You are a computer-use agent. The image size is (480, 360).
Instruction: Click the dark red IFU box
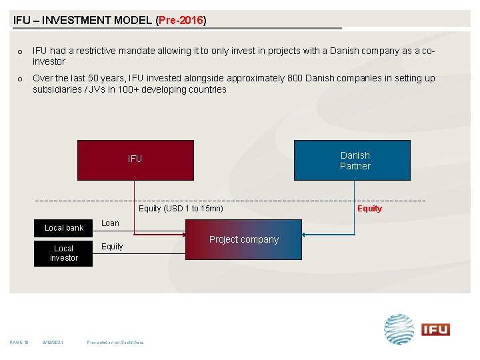point(135,160)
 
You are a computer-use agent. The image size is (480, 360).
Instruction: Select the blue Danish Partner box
point(352,161)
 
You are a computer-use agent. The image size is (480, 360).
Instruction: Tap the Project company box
point(243,240)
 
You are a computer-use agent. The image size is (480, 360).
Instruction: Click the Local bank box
point(64,228)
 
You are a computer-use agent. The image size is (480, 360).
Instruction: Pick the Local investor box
point(64,253)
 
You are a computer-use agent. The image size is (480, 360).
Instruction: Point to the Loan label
point(110,223)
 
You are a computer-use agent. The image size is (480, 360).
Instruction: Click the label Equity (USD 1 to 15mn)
point(181,209)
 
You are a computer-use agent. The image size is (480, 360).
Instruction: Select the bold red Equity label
point(369,209)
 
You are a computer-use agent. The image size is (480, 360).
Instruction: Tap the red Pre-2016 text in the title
point(181,20)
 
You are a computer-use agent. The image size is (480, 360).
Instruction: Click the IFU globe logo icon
point(399,329)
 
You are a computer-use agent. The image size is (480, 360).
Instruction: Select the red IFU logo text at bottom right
point(435,329)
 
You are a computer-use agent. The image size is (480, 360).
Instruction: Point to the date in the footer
point(52,343)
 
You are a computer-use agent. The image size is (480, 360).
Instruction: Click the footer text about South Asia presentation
point(115,343)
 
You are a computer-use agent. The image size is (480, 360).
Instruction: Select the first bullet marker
point(20,52)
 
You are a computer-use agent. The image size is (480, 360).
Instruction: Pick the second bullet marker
point(20,79)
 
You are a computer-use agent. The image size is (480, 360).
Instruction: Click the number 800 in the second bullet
point(295,79)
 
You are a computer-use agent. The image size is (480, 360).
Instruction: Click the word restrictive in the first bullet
point(91,51)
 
